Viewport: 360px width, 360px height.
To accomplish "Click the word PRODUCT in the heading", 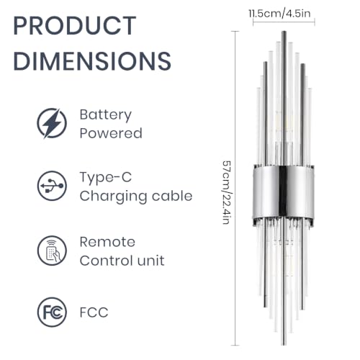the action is [75, 25].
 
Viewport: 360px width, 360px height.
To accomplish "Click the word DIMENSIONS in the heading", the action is [92, 60].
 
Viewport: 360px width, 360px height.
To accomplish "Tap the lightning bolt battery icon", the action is [52, 123].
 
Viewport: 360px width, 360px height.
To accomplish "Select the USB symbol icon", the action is [52, 186].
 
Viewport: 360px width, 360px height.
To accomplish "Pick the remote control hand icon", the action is [52, 251].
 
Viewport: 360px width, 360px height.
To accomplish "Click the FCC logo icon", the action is [52, 312].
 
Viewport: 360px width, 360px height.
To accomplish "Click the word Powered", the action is [111, 133].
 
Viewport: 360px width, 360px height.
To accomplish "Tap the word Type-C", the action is [106, 178].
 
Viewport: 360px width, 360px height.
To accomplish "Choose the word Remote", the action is [107, 242].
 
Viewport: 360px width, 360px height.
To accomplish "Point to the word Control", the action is [106, 261].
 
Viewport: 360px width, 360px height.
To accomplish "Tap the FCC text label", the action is [94, 312].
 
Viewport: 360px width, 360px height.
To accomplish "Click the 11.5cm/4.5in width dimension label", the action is [279, 14].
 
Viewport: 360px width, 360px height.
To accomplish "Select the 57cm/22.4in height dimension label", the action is [227, 192].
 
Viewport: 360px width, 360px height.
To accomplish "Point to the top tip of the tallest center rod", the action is [284, 32].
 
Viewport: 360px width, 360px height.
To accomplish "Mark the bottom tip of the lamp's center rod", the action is [284, 345].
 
